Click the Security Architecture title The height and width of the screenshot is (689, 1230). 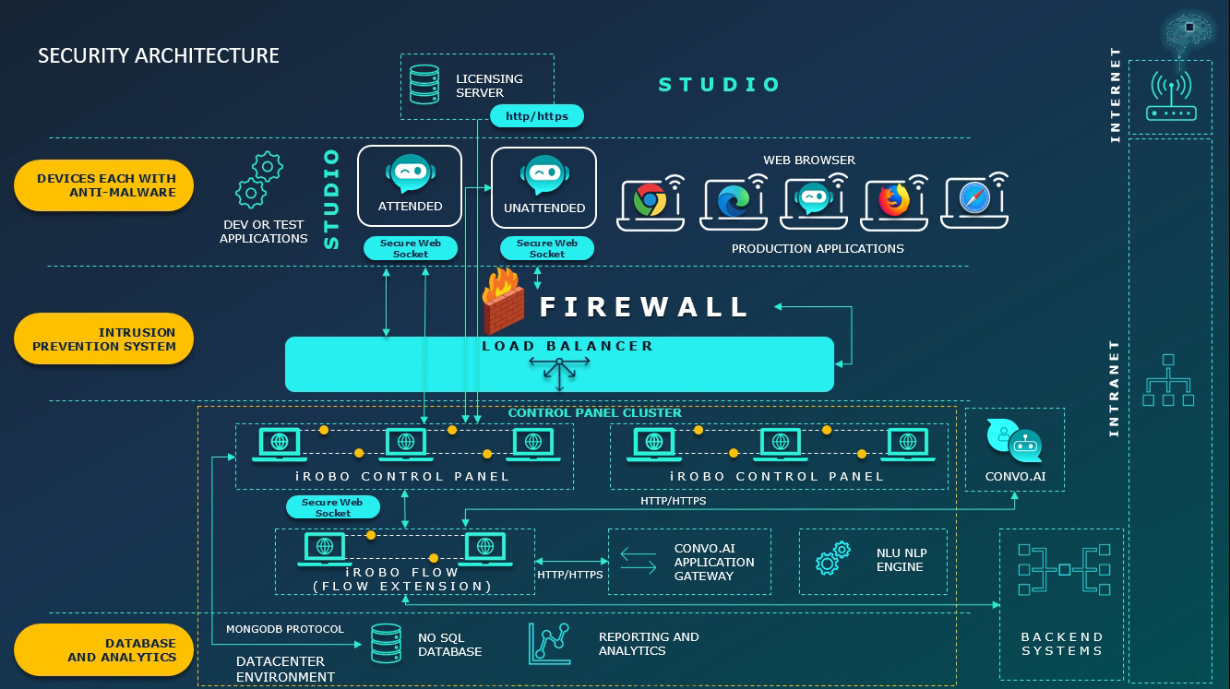tap(159, 55)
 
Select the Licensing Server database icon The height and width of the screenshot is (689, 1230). tap(424, 84)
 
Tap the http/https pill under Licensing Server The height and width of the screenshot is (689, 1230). tap(537, 116)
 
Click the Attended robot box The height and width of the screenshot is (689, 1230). tap(410, 185)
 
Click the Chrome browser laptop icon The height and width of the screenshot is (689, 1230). tap(651, 202)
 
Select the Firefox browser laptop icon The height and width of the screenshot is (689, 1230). tap(893, 202)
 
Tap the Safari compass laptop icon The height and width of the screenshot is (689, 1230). tap(973, 201)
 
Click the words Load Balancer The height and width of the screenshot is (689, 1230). tap(567, 346)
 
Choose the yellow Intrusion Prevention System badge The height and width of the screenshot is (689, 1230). tap(104, 339)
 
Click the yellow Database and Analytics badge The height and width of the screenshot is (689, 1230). tap(104, 650)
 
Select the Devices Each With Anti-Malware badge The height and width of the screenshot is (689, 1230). tap(104, 184)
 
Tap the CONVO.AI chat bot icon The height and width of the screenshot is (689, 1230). tap(1014, 441)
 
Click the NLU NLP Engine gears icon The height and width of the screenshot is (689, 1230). tap(833, 559)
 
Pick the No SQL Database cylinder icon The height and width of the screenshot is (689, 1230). tap(386, 644)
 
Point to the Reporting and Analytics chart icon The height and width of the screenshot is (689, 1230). tap(550, 643)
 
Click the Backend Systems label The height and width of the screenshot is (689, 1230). tap(1061, 644)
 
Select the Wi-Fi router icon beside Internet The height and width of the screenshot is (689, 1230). tap(1171, 97)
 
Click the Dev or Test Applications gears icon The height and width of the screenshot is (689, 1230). tap(258, 180)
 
